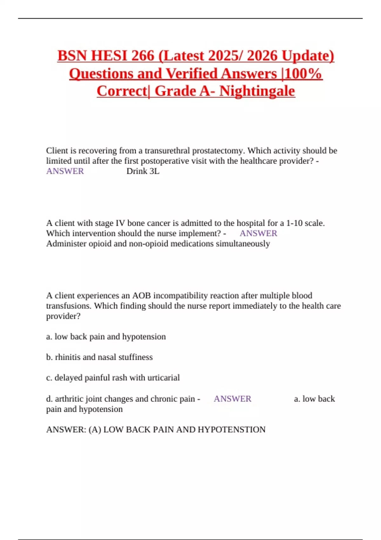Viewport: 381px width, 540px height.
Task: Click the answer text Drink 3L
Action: click(143, 171)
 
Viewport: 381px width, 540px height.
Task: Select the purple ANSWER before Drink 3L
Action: click(65, 171)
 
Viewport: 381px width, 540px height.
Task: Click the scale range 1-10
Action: click(294, 223)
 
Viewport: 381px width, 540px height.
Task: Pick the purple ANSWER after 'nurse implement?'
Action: click(258, 233)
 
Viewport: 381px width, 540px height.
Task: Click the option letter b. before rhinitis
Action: click(49, 357)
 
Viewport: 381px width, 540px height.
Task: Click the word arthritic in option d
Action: click(69, 399)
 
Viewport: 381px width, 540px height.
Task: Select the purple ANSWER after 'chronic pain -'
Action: click(232, 399)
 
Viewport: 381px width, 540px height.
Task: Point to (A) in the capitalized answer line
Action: click(95, 429)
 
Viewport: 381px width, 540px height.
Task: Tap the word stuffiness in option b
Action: click(135, 357)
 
